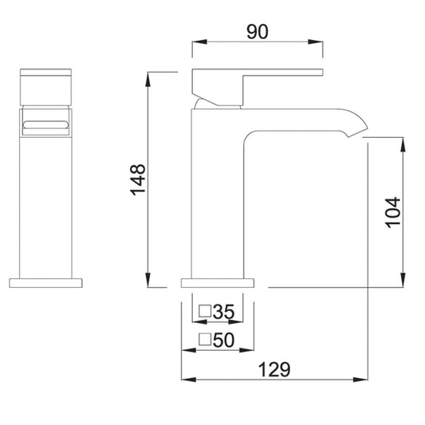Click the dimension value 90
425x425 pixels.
(x=258, y=32)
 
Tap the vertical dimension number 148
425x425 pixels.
(x=138, y=179)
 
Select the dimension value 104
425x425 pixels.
(x=393, y=212)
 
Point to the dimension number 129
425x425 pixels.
(x=274, y=369)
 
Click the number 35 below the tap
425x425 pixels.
(x=223, y=312)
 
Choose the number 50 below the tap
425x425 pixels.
(x=223, y=340)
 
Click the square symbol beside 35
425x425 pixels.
(x=205, y=311)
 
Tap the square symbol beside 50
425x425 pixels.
(x=205, y=340)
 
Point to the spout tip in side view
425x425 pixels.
(x=358, y=132)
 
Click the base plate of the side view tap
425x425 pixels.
(x=218, y=283)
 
